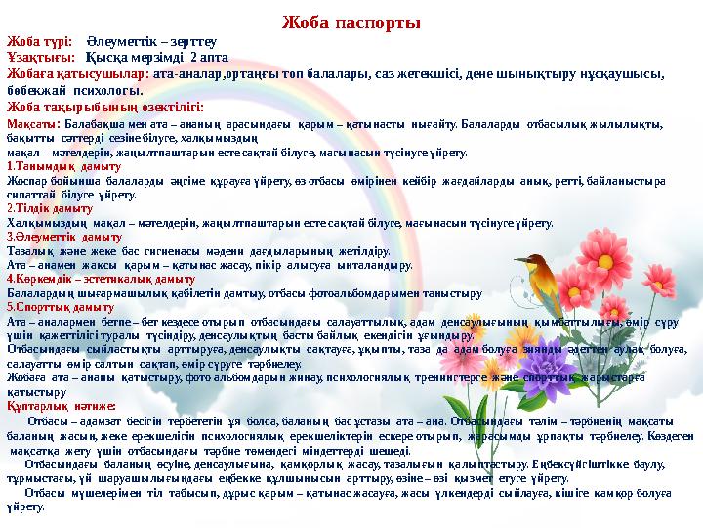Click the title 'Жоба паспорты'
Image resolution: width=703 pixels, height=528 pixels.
coord(351,22)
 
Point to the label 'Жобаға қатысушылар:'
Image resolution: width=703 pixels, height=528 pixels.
coord(77,73)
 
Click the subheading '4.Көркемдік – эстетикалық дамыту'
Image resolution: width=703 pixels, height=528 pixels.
coord(86,278)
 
